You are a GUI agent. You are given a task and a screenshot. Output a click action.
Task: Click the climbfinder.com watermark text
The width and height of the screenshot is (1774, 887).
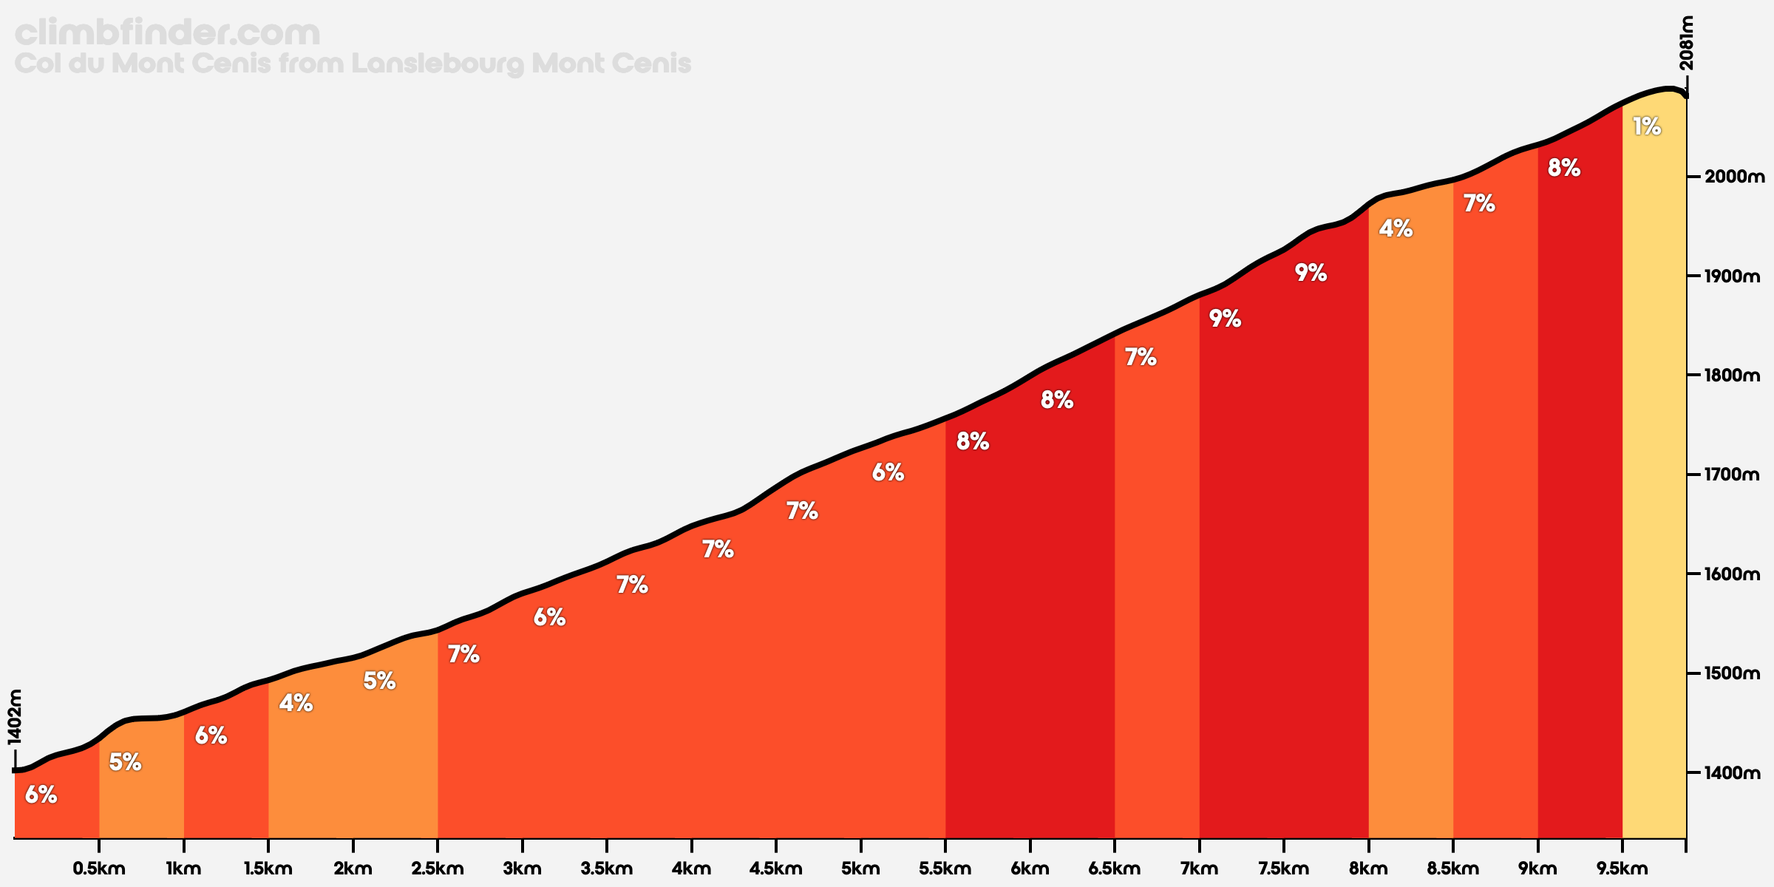pyautogui.click(x=167, y=33)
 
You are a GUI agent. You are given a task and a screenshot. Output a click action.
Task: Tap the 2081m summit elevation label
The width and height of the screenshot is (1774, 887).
pyautogui.click(x=1686, y=43)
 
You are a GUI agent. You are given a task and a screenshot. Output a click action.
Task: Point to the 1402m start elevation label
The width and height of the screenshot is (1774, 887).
pyautogui.click(x=14, y=716)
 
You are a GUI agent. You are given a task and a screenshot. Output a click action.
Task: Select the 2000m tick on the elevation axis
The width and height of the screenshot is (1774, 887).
pyautogui.click(x=1734, y=177)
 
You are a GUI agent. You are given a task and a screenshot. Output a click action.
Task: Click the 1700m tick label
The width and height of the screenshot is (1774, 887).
pyautogui.click(x=1734, y=475)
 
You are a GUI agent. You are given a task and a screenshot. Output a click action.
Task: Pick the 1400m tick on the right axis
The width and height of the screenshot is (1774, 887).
pyautogui.click(x=1734, y=773)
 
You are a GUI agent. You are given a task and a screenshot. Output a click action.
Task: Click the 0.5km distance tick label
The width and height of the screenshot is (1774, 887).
pyautogui.click(x=99, y=869)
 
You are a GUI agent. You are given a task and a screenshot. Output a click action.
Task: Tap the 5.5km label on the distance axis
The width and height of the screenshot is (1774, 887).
pyautogui.click(x=945, y=869)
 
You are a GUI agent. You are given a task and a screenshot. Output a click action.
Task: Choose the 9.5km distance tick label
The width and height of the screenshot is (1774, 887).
pyautogui.click(x=1622, y=869)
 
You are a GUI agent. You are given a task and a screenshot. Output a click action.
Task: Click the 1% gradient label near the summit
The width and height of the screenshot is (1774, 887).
pyautogui.click(x=1647, y=127)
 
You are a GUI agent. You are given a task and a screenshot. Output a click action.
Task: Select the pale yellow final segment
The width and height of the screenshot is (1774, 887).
pyautogui.click(x=1654, y=473)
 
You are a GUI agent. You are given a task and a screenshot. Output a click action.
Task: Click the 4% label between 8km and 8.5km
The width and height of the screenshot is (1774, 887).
pyautogui.click(x=1396, y=229)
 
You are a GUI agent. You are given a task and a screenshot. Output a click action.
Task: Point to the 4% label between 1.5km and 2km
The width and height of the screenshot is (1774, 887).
pyautogui.click(x=296, y=703)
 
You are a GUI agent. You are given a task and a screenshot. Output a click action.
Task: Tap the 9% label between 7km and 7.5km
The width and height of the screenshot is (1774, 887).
pyautogui.click(x=1225, y=319)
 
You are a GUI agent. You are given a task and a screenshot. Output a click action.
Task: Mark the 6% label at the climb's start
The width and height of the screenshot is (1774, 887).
pyautogui.click(x=41, y=795)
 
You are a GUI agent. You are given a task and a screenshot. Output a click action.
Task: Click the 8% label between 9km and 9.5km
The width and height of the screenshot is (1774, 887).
pyautogui.click(x=1564, y=169)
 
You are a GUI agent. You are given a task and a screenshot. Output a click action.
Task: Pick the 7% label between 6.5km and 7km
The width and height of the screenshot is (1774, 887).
pyautogui.click(x=1141, y=358)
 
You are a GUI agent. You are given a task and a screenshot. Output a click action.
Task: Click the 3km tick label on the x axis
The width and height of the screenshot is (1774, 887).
pyautogui.click(x=523, y=869)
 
